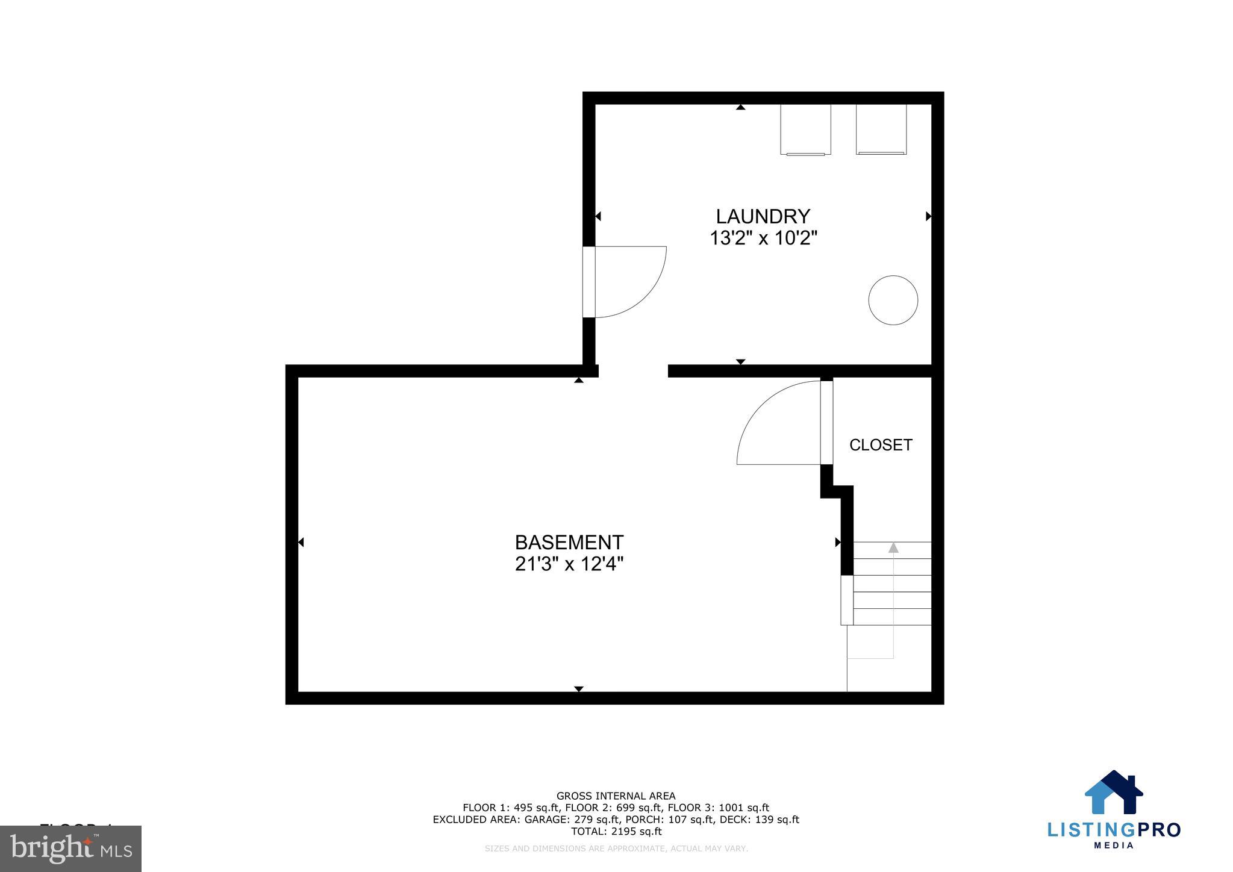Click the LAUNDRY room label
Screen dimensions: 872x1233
pyautogui.click(x=763, y=216)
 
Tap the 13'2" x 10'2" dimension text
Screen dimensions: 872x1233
pyautogui.click(x=763, y=238)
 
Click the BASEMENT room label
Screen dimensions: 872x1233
pyautogui.click(x=569, y=543)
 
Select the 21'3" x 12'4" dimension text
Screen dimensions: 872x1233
pyautogui.click(x=569, y=564)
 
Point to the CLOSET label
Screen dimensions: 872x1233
pyautogui.click(x=881, y=445)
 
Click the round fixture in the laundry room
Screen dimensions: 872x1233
pyautogui.click(x=893, y=300)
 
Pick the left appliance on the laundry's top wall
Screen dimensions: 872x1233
pyautogui.click(x=805, y=129)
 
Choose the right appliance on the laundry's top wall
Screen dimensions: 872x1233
pyautogui.click(x=881, y=129)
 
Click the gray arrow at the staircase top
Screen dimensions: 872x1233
pyautogui.click(x=893, y=548)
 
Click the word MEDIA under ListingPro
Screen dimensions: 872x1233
pyautogui.click(x=1114, y=845)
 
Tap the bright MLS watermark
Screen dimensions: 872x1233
pyautogui.click(x=71, y=849)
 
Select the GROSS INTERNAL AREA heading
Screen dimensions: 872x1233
pyautogui.click(x=616, y=796)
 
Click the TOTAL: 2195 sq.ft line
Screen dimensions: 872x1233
pyautogui.click(x=616, y=832)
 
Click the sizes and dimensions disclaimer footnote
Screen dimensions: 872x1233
pyautogui.click(x=616, y=849)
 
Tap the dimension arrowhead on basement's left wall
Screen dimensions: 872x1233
pyautogui.click(x=301, y=543)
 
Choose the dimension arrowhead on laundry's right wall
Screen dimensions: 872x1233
pyautogui.click(x=928, y=216)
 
